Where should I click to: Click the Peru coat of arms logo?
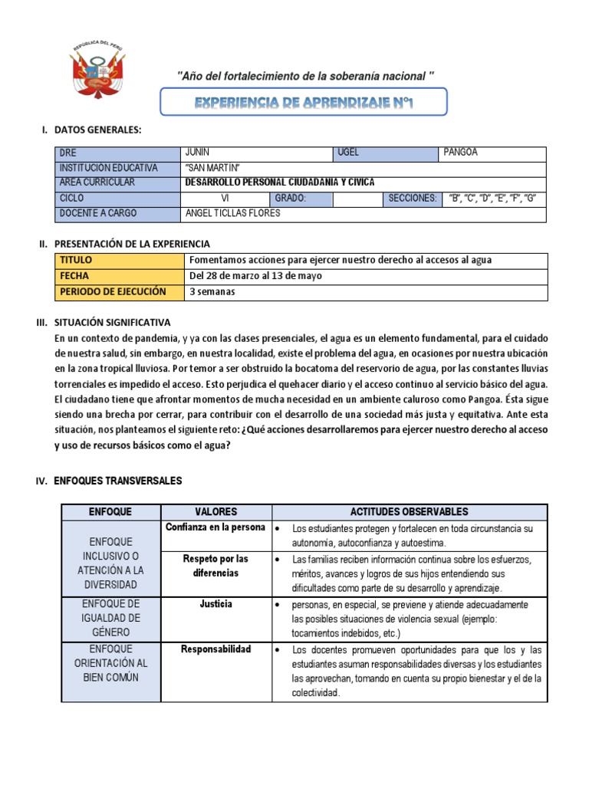pyautogui.click(x=97, y=71)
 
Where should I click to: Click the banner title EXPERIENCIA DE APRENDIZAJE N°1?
pyautogui.click(x=303, y=102)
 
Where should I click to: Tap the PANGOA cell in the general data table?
pyautogui.click(x=460, y=153)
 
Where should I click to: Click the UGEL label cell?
pyautogui.click(x=348, y=153)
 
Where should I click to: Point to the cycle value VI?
pyautogui.click(x=225, y=198)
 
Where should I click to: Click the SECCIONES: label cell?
pyautogui.click(x=412, y=199)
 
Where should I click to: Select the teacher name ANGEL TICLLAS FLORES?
pyautogui.click(x=233, y=213)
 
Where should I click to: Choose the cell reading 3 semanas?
pyautogui.click(x=212, y=292)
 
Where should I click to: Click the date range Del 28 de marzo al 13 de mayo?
pyautogui.click(x=255, y=276)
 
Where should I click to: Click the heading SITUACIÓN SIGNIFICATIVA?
pyautogui.click(x=113, y=323)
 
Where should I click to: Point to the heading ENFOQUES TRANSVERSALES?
pyautogui.click(x=118, y=481)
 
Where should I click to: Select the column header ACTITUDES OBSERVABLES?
pyautogui.click(x=410, y=511)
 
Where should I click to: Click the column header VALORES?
pyautogui.click(x=216, y=511)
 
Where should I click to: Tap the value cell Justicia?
pyautogui.click(x=216, y=604)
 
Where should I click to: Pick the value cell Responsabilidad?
pyautogui.click(x=216, y=649)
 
